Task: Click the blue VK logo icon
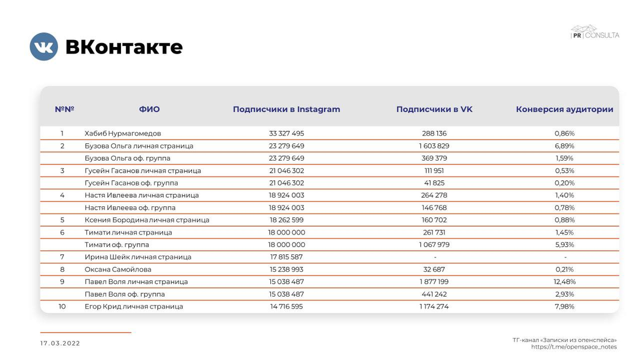tap(44, 46)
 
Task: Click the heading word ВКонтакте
tap(124, 47)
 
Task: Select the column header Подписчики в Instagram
tap(286, 109)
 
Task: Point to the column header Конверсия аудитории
tap(564, 109)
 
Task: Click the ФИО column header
tap(149, 109)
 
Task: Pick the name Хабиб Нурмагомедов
tap(123, 133)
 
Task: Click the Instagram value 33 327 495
tap(286, 133)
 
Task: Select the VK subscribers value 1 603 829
tap(434, 146)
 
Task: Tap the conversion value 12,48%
tap(565, 282)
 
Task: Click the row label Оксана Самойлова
tap(118, 269)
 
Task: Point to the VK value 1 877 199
tap(434, 282)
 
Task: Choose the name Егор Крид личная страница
tap(134, 307)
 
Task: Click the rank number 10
tap(62, 307)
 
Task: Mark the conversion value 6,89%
tap(565, 146)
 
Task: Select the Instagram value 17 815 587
tap(286, 257)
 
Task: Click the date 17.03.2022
tap(60, 343)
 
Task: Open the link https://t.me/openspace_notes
tap(573, 347)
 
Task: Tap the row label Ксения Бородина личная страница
tap(147, 220)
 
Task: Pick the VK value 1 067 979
tap(434, 245)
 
